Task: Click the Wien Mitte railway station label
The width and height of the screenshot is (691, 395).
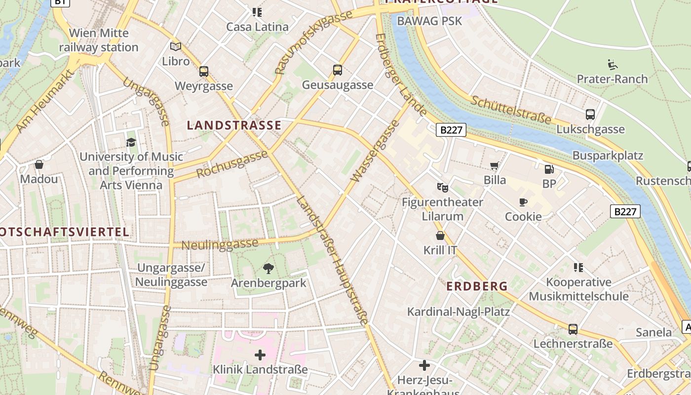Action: click(x=99, y=40)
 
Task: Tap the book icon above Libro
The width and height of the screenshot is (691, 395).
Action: click(x=176, y=46)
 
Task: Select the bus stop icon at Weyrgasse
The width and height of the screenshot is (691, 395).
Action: click(x=204, y=72)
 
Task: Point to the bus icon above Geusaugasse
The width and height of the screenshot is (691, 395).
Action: click(x=338, y=70)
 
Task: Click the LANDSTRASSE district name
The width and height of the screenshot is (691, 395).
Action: click(x=234, y=125)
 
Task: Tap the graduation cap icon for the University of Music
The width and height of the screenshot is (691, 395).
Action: click(x=131, y=143)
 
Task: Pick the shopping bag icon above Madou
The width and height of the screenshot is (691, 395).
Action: click(x=39, y=164)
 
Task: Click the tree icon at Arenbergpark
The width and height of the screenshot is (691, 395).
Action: click(x=269, y=269)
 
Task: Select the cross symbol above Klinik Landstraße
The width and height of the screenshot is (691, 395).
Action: click(x=260, y=355)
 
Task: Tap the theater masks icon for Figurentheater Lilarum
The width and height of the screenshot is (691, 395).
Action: click(x=442, y=188)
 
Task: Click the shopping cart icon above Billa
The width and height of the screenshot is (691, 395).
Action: click(x=495, y=166)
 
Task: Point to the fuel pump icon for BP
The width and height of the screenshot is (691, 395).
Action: click(x=549, y=169)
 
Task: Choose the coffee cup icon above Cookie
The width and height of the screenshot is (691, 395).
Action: click(x=523, y=202)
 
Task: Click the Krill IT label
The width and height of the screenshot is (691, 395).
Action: click(x=440, y=250)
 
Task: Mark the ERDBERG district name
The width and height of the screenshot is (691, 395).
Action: click(x=477, y=286)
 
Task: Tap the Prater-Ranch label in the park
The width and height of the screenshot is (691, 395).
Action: click(x=612, y=79)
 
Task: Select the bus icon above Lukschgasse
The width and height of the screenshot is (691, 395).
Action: click(x=590, y=115)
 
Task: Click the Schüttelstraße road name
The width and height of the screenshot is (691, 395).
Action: click(x=510, y=110)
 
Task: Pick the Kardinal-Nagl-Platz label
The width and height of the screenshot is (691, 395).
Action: click(x=458, y=312)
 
